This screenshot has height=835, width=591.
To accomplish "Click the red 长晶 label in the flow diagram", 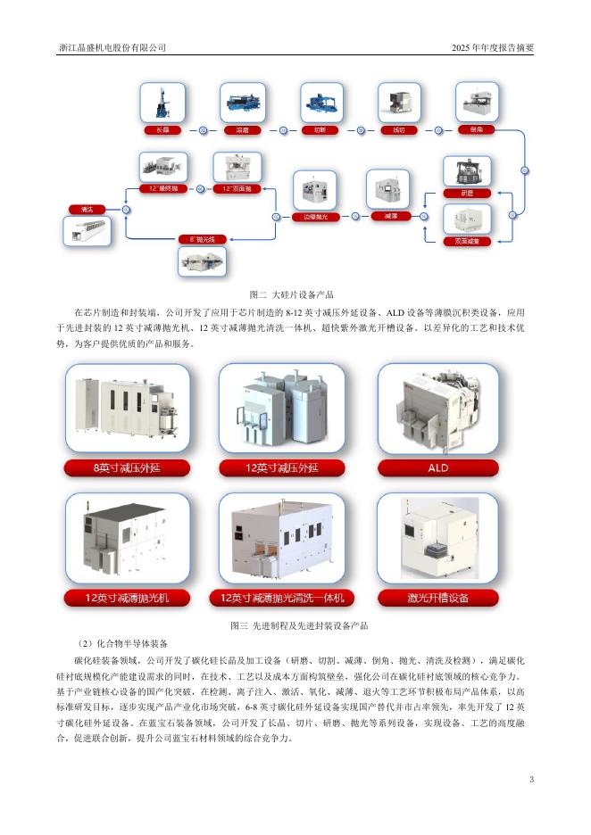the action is [162, 130].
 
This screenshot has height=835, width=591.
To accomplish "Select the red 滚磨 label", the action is [241, 130].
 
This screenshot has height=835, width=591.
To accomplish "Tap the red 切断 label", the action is [320, 130].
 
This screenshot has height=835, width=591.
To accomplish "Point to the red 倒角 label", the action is [476, 130].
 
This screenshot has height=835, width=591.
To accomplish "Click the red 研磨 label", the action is [466, 193].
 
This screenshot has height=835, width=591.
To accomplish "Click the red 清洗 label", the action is [87, 209].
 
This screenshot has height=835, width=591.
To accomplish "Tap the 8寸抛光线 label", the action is [203, 239].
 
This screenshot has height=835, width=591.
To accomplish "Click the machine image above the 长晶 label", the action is [162, 103].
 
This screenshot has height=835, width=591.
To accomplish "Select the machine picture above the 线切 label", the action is [398, 103].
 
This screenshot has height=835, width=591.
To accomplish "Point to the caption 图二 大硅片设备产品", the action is [294, 293].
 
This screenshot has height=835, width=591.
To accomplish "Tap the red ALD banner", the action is [437, 467].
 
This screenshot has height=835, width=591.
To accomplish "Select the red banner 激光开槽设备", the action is [437, 597].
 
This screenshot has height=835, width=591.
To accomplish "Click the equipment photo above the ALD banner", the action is [437, 410].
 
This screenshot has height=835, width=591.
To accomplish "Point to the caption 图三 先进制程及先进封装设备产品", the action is [294, 625].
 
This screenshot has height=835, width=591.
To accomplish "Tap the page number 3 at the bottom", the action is [531, 781].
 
